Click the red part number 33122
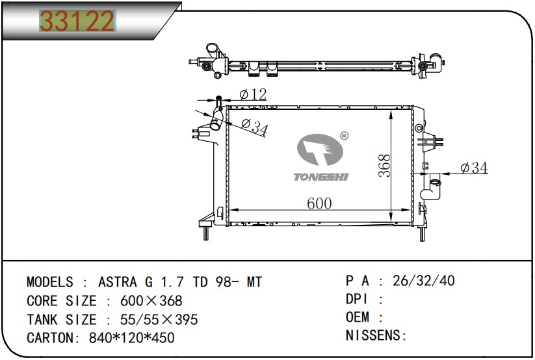[x=77, y=21]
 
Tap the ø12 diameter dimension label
[x=253, y=94]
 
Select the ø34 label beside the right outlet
[x=474, y=168]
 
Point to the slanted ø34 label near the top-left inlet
[x=255, y=126]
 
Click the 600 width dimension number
[x=319, y=203]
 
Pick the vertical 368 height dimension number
[x=385, y=166]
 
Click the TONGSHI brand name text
[x=321, y=177]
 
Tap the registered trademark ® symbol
[x=345, y=136]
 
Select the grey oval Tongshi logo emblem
[x=320, y=149]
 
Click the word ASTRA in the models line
[x=118, y=282]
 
